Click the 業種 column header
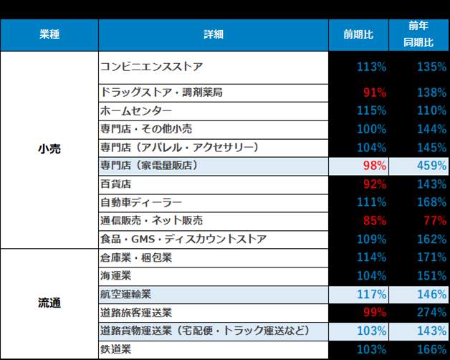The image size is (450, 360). coord(49,34)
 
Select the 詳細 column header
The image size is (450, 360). coord(214,34)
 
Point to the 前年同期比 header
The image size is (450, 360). coord(418,34)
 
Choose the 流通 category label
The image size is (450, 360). coord(49,303)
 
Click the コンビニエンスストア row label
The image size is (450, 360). coord(151,67)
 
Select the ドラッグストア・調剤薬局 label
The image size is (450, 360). coord(162,93)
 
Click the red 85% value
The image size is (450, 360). coord(375,221)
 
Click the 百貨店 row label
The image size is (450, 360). coord(112,184)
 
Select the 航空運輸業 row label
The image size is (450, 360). coord(126,294)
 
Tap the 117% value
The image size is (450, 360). coord(372,294)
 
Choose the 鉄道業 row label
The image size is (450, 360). coord(117,349)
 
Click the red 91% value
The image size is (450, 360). coord(375,93)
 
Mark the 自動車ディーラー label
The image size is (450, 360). coord(141,203)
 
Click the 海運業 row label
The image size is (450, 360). coord(117,275)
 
